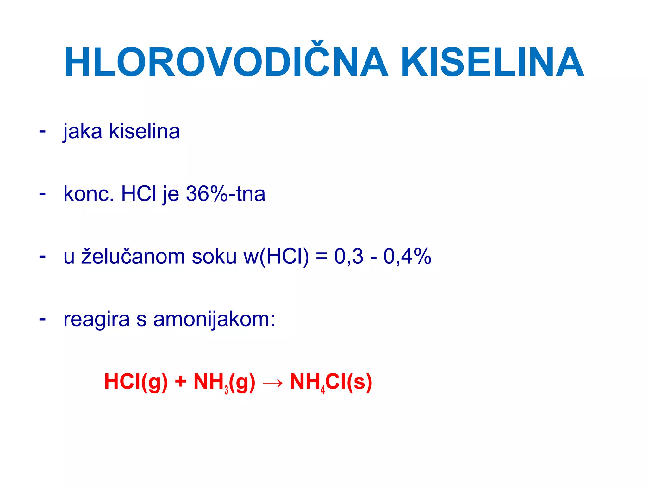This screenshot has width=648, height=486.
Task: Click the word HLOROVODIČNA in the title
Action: click(226, 62)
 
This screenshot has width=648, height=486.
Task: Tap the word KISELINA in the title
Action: click(492, 62)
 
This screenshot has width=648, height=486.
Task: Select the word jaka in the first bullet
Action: click(83, 131)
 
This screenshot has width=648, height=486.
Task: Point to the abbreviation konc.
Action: click(89, 194)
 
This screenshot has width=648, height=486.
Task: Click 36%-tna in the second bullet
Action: click(225, 194)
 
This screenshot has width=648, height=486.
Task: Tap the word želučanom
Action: click(133, 256)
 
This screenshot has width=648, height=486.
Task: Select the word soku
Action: click(214, 256)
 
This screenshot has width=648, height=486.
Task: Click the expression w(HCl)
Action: click(276, 256)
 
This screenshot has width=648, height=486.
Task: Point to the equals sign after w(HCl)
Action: click(321, 256)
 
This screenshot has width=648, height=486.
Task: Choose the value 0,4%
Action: click(407, 256)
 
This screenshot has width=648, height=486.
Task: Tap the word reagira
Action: click(97, 319)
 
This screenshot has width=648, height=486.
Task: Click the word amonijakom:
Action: click(214, 319)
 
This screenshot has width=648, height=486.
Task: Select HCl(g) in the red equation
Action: click(136, 382)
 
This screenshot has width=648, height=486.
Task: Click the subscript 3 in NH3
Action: click(226, 390)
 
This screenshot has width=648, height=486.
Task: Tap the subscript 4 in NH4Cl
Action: click(323, 390)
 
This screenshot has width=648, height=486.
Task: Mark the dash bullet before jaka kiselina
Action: click(42, 130)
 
